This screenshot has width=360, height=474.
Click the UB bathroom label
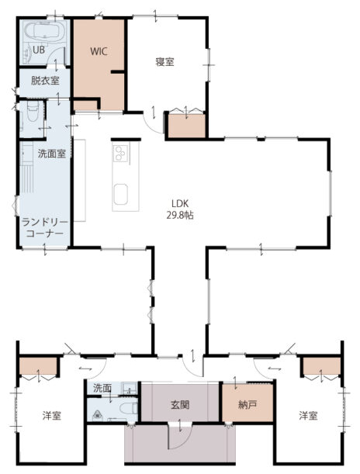click(38, 50)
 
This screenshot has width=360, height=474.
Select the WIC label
click(99, 51)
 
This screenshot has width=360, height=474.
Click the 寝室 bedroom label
click(164, 62)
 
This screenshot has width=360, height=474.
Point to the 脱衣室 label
click(45, 81)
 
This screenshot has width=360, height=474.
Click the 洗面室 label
click(52, 154)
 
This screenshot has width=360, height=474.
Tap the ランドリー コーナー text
click(45, 228)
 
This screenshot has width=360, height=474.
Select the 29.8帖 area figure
click(180, 215)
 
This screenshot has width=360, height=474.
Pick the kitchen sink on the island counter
click(121, 195)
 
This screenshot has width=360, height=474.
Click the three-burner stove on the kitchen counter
click(120, 154)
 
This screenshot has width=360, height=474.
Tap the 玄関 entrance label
click(180, 405)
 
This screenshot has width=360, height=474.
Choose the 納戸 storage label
click(247, 405)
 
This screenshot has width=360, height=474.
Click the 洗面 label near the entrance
click(102, 388)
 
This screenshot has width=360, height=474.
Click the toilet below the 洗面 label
click(128, 409)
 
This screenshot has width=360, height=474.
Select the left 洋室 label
click(52, 416)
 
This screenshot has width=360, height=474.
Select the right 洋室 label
click(308, 416)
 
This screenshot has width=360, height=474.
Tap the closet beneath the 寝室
click(186, 126)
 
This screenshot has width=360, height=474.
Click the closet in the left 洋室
click(38, 366)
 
